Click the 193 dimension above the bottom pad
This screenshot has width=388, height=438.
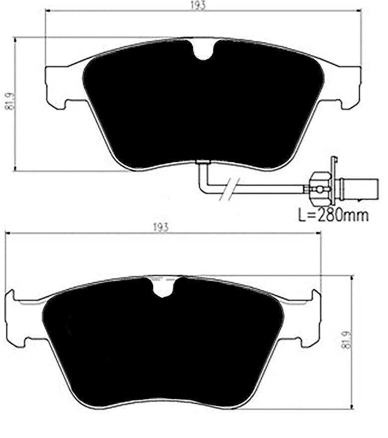click(161, 227)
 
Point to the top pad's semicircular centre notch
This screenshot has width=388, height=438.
click(203, 50)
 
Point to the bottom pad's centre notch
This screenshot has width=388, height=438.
click(164, 288)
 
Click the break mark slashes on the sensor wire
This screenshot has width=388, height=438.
click(229, 188)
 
